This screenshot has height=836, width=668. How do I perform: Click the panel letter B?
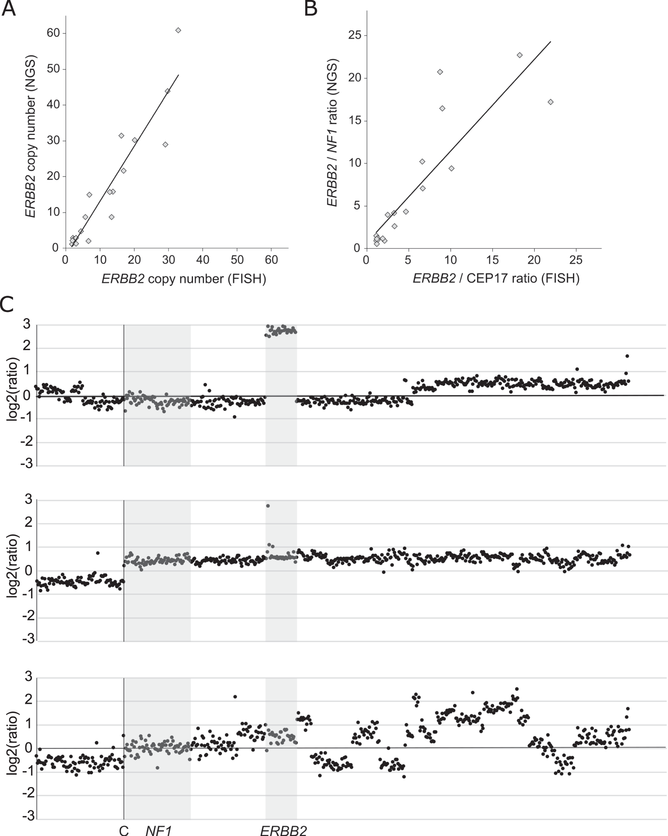[x=311, y=8]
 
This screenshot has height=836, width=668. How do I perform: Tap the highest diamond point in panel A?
[x=178, y=30]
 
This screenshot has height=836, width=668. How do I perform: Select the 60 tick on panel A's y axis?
[x=53, y=33]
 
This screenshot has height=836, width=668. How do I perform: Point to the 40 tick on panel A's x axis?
[x=203, y=260]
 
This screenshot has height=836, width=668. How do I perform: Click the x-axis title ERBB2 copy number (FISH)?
[x=184, y=279]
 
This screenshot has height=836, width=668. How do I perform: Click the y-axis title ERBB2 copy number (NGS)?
[x=30, y=137]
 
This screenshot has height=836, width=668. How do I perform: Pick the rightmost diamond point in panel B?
[x=550, y=102]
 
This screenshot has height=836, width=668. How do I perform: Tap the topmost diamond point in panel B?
[x=519, y=55]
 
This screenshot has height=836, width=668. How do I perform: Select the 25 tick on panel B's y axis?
[x=354, y=35]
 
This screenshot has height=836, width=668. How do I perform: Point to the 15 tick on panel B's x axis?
[x=492, y=260]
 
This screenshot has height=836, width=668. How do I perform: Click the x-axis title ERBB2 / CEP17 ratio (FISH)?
[x=496, y=278]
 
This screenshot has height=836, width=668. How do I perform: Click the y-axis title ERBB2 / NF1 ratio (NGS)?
[x=332, y=133]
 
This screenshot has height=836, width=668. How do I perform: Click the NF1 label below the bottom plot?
[x=158, y=830]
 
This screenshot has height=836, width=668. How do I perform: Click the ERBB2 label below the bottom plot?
[x=283, y=830]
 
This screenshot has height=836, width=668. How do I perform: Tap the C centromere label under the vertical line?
[x=123, y=830]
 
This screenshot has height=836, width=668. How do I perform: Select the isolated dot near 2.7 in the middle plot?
[x=268, y=506]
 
